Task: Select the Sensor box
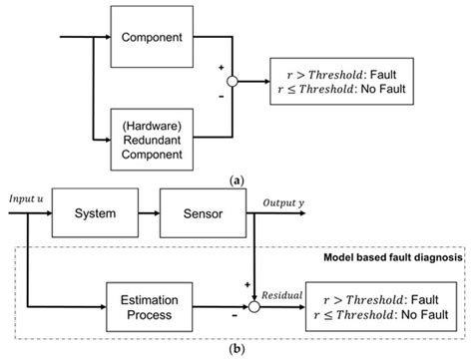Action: (x=204, y=212)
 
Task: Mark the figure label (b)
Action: (x=236, y=350)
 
